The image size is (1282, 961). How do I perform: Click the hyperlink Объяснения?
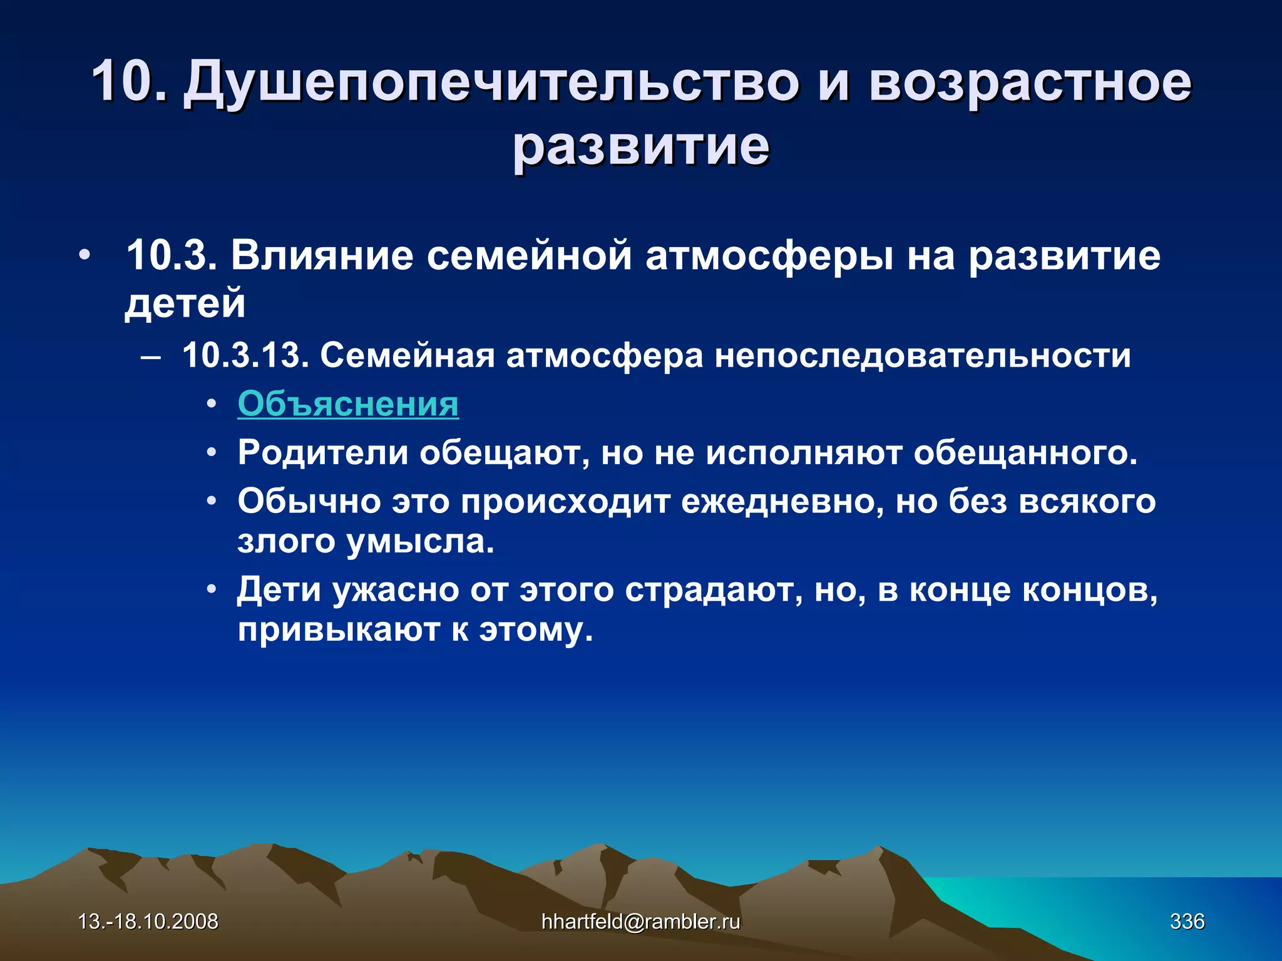click(348, 404)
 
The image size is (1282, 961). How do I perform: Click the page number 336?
click(1187, 922)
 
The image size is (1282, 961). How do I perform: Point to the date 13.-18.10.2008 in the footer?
click(148, 922)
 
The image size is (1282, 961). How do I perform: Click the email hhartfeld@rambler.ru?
click(640, 922)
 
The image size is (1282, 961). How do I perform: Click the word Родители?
click(322, 452)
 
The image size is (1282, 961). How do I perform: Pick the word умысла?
click(420, 541)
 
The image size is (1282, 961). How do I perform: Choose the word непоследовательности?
click(923, 355)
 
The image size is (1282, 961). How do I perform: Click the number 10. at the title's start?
click(130, 81)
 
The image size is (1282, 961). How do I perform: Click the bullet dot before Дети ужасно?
click(212, 590)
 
